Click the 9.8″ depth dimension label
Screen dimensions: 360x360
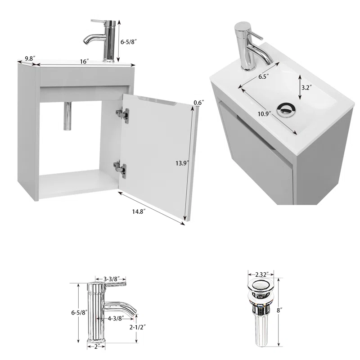(x=30, y=58)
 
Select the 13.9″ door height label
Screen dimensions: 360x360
(x=182, y=163)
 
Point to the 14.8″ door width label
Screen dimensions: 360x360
(x=139, y=211)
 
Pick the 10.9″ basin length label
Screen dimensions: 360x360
(x=265, y=114)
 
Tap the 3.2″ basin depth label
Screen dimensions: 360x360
(x=306, y=87)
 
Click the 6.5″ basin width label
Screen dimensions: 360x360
(x=264, y=76)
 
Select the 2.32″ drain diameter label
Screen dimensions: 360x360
(x=261, y=274)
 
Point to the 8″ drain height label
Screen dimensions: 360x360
(x=279, y=310)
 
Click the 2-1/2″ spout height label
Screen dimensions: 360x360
(x=138, y=327)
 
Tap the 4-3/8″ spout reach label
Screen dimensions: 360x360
(x=116, y=318)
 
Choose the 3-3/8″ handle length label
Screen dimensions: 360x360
(x=112, y=279)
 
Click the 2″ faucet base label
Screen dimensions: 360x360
(x=96, y=346)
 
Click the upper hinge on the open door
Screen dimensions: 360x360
(x=122, y=114)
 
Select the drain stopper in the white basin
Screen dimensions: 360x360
(x=286, y=109)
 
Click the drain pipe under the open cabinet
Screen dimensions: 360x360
(x=67, y=116)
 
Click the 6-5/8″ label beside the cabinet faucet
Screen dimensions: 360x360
(x=129, y=42)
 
